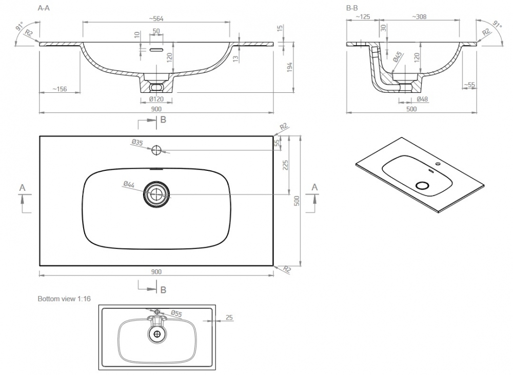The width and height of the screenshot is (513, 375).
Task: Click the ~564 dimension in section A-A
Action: coord(156,18)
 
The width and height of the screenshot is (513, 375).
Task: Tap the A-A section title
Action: coord(44,8)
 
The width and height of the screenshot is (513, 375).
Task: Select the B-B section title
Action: coord(352,8)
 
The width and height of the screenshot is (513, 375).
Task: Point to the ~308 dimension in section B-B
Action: coord(419,17)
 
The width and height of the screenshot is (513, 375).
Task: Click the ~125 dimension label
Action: coord(363,17)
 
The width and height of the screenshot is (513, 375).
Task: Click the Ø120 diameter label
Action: coord(156,99)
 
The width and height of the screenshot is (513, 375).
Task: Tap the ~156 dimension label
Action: coord(59,89)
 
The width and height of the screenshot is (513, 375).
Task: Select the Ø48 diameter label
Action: coord(422,99)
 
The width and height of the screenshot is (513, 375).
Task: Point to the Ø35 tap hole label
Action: coord(137,142)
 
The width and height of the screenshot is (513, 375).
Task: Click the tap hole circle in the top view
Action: coord(156,150)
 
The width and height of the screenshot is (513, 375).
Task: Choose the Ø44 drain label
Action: coord(129,185)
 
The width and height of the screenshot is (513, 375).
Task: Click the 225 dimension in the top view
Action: coord(285,165)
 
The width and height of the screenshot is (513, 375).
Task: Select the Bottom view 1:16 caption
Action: coord(64,299)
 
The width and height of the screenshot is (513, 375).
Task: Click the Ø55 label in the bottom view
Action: coord(176,313)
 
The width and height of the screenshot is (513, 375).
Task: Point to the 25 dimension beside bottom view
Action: coord(229,318)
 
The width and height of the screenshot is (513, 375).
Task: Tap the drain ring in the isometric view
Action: coord(422,186)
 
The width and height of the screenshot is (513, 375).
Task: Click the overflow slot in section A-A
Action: coord(156,50)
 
